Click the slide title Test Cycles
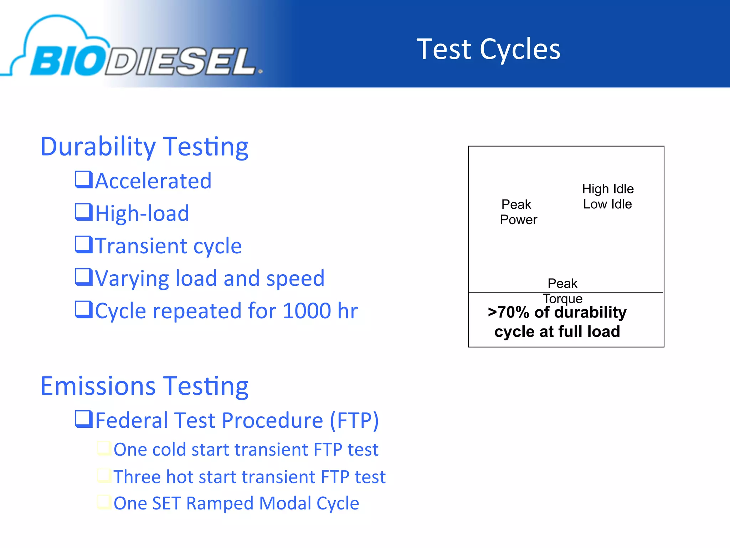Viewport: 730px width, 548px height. click(488, 49)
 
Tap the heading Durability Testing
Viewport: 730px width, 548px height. click(144, 147)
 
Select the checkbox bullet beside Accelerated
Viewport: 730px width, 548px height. click(84, 179)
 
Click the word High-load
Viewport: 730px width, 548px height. click(142, 213)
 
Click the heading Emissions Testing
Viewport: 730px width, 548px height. click(144, 386)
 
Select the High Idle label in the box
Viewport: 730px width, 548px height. click(608, 189)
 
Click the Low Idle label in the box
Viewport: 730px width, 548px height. click(607, 204)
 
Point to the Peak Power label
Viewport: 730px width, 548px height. click(518, 212)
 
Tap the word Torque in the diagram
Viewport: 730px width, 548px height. click(562, 298)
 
